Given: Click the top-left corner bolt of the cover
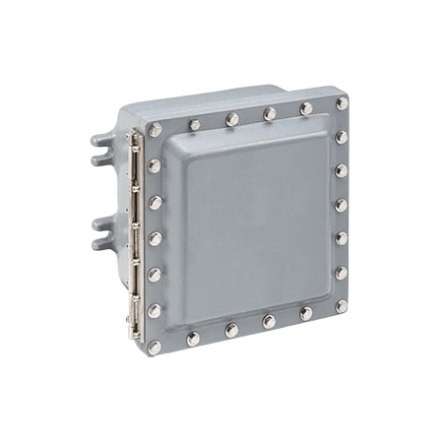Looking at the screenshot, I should [x=154, y=129].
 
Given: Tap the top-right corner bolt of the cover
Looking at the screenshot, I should [x=342, y=102].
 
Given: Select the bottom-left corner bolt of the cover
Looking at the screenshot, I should [x=155, y=347].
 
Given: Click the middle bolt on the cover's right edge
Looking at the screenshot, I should [x=341, y=205].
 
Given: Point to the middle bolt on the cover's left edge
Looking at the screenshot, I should [x=155, y=237].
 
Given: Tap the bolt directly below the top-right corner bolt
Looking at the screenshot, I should [x=342, y=137].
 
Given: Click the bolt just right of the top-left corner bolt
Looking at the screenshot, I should [x=194, y=125].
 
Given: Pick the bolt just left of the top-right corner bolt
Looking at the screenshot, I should [x=306, y=107].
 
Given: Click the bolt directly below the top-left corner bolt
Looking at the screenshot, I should [x=154, y=165].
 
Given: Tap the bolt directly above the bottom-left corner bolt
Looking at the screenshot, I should [x=155, y=310].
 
